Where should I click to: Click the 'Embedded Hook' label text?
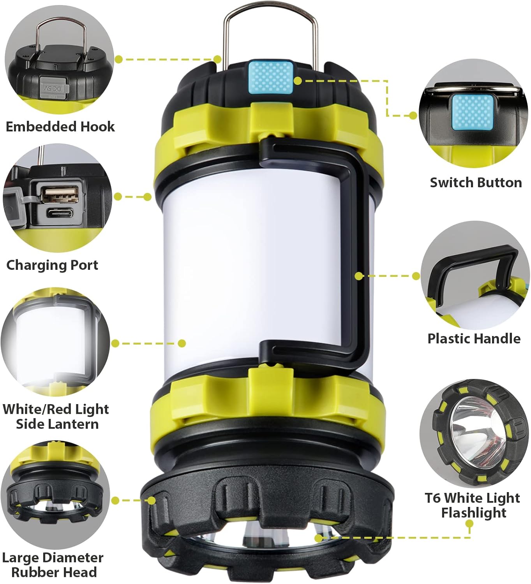click(60, 127)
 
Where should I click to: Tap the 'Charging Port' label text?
click(52, 265)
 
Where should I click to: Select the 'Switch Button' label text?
click(475, 182)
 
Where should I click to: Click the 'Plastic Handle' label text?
click(474, 338)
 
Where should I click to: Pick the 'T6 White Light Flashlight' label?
click(473, 505)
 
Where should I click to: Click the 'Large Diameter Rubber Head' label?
click(53, 565)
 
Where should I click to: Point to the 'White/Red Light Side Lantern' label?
click(56, 416)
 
